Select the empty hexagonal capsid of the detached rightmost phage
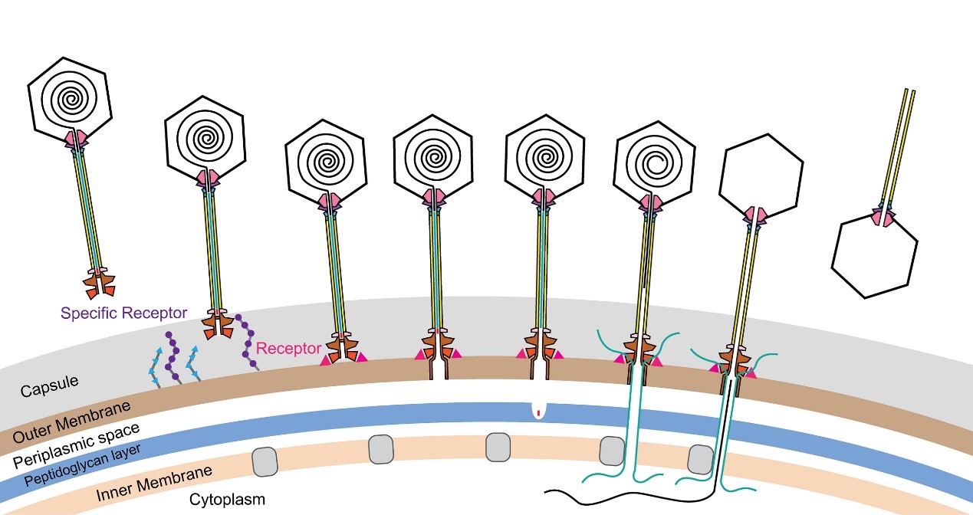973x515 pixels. [875, 259]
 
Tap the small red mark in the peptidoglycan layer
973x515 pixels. [539, 414]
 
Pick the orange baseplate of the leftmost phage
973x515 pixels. [101, 284]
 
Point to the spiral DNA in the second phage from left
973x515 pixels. [205, 139]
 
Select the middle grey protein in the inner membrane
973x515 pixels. [498, 446]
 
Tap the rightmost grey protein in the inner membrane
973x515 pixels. [699, 459]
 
